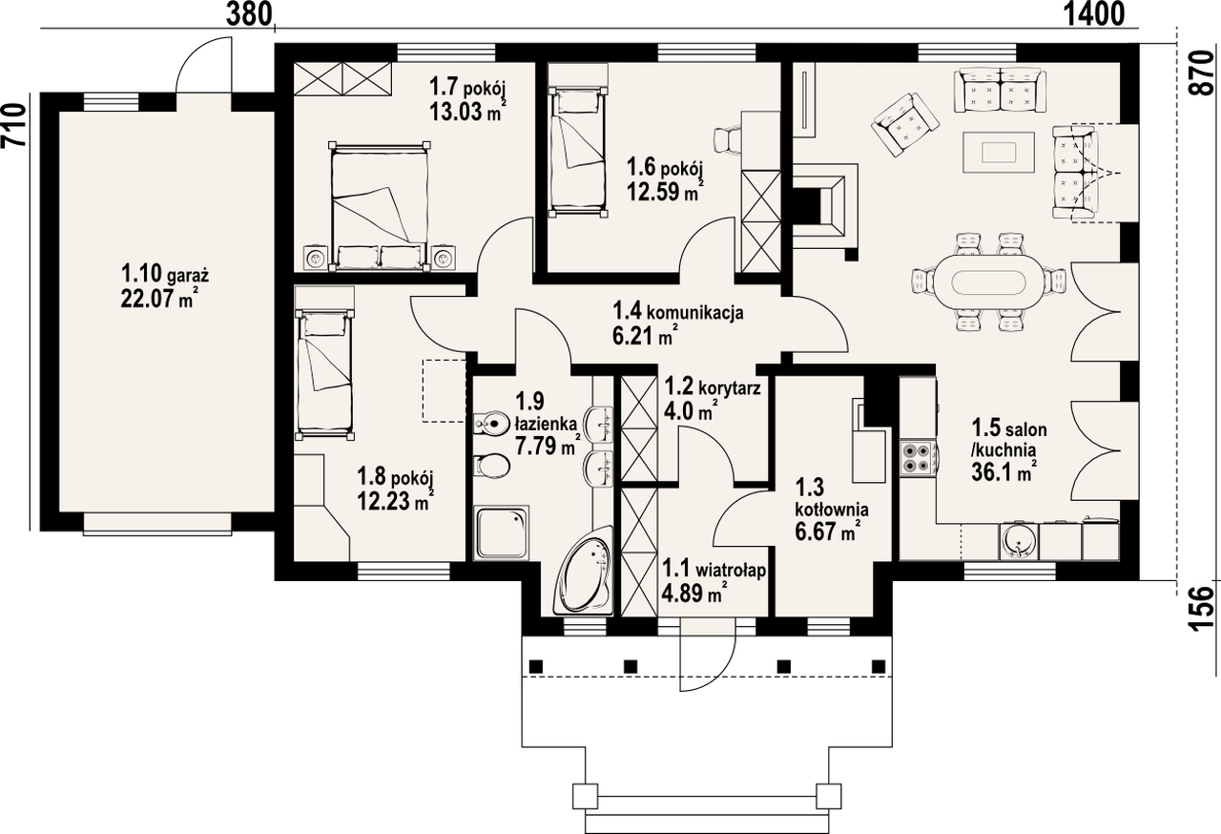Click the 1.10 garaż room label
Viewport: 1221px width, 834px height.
coord(165,273)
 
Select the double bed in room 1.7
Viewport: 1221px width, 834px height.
coord(380,206)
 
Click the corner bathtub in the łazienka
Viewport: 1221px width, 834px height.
coord(584,571)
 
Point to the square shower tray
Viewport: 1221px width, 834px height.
coord(502,532)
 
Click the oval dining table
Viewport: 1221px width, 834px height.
coord(988,282)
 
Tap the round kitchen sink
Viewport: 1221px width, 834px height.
coord(1020,541)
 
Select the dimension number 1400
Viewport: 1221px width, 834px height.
coord(1093,13)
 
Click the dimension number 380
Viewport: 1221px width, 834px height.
coord(249,13)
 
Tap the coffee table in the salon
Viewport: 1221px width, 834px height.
coord(999,152)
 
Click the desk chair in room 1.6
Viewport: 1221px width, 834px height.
coord(728,138)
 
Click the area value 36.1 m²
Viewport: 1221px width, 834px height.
coord(1004,472)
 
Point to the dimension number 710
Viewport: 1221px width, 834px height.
coord(14,125)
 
